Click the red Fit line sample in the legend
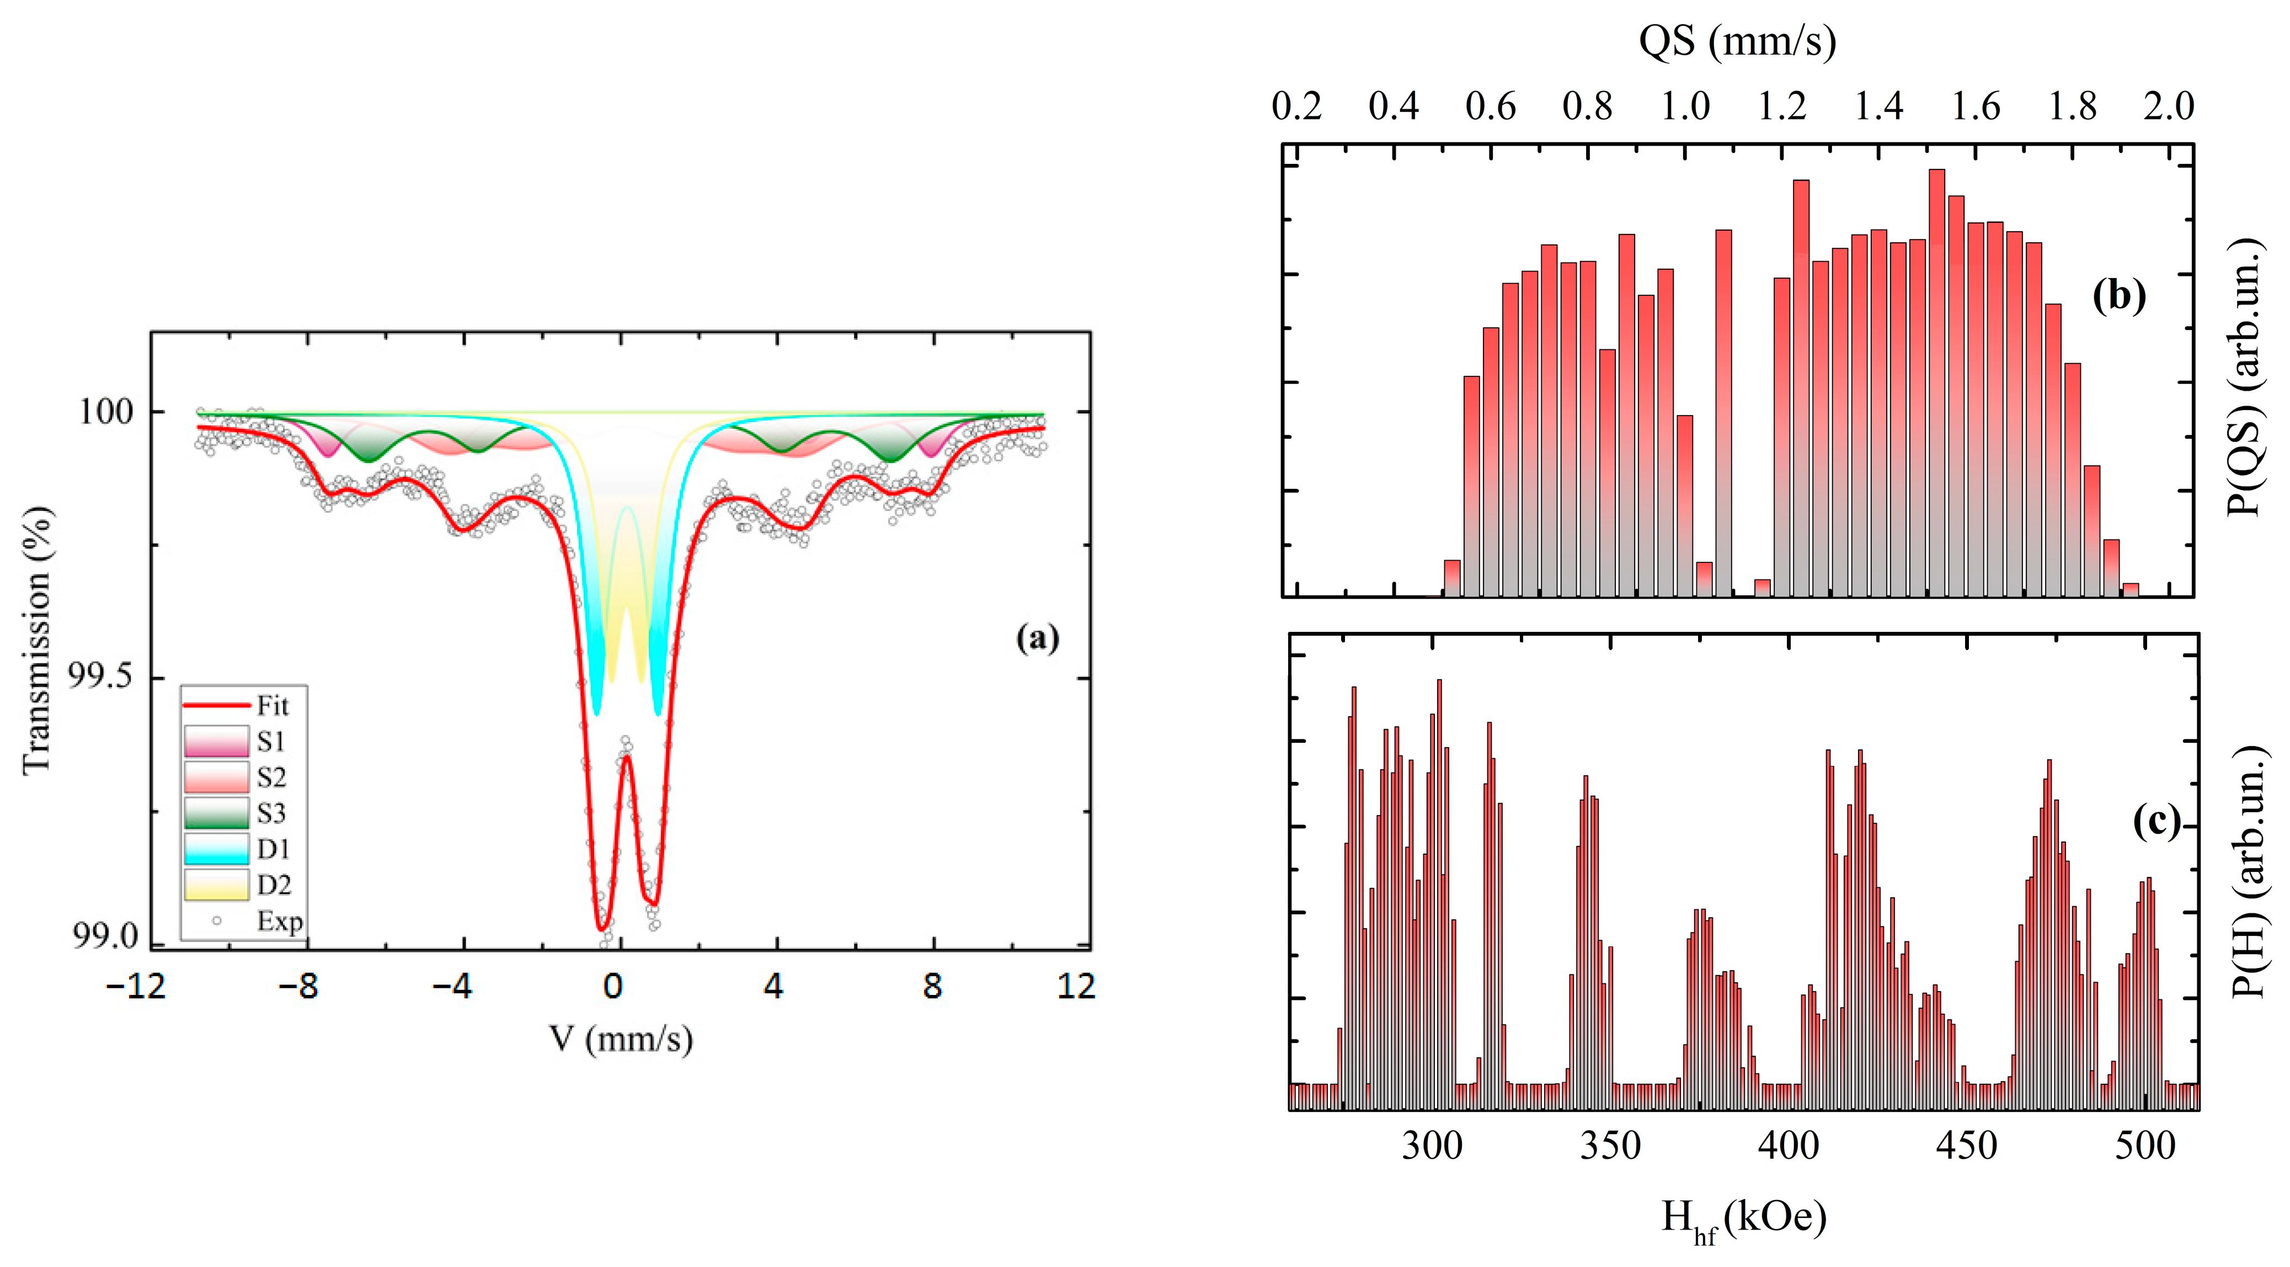pyautogui.click(x=216, y=705)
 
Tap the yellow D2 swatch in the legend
pyautogui.click(x=216, y=884)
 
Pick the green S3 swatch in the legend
pyautogui.click(x=216, y=813)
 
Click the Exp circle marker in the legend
pyautogui.click(x=216, y=920)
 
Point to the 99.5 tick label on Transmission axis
pyautogui.click(x=99, y=676)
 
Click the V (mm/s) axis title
pyautogui.click(x=621, y=1039)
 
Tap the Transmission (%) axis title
pyautogui.click(x=38, y=640)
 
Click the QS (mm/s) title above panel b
pyautogui.click(x=1737, y=42)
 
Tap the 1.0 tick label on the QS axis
pyautogui.click(x=1685, y=107)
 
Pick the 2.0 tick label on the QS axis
pyautogui.click(x=2168, y=107)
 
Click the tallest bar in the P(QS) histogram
pyautogui.click(x=1936, y=382)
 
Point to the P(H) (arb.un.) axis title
pyautogui.click(x=2249, y=871)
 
